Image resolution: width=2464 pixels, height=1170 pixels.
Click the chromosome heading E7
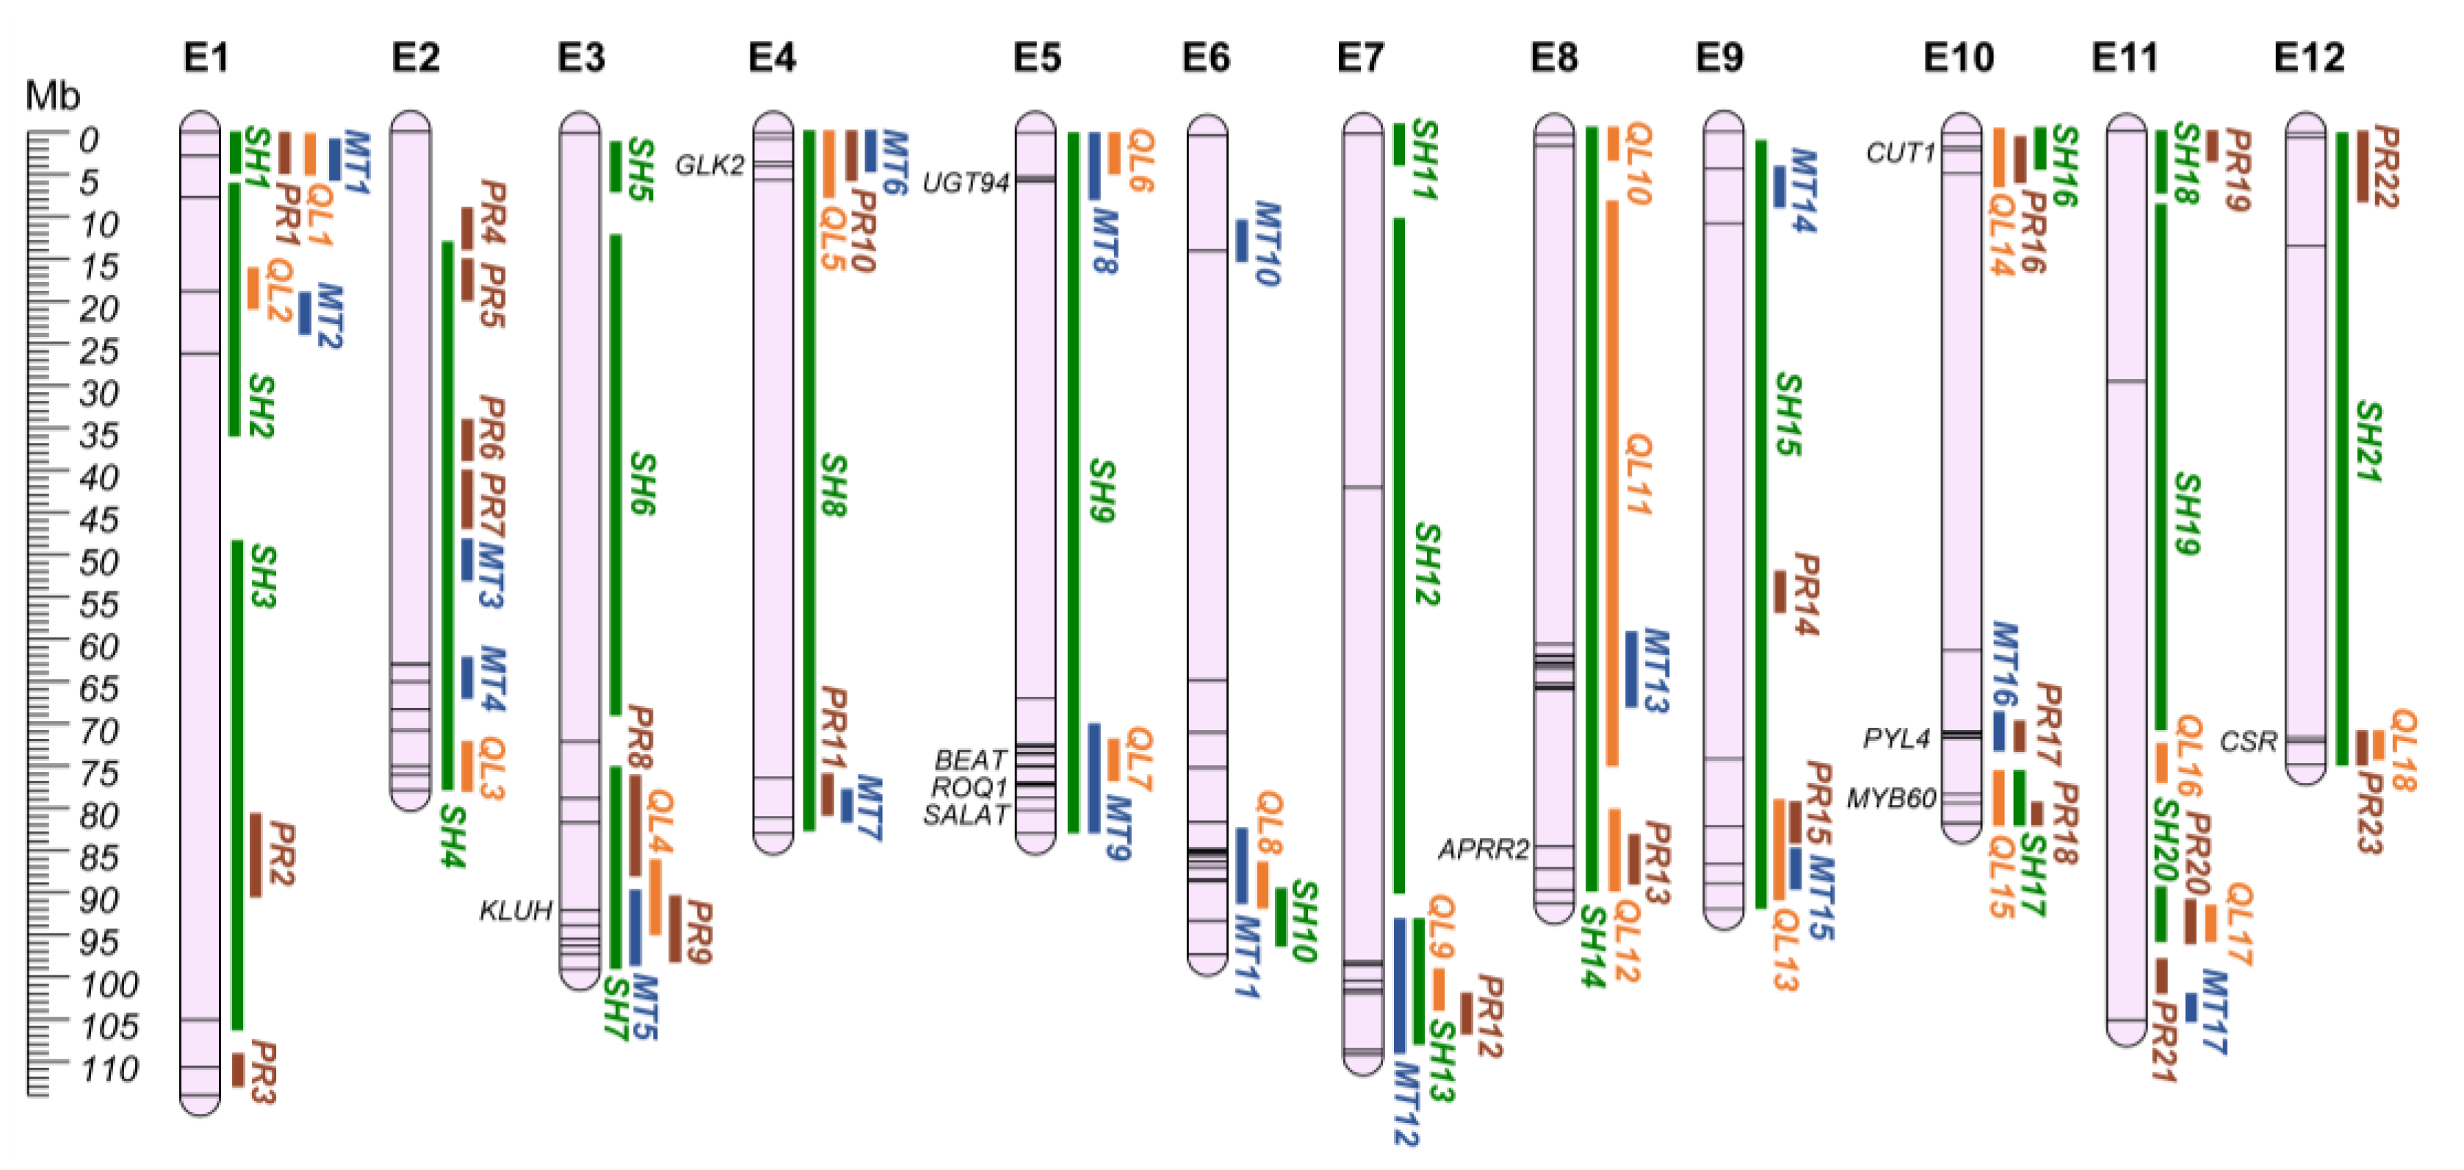coord(1360,57)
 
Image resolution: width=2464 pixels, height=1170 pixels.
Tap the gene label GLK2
coord(709,165)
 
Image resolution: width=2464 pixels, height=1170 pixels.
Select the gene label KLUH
coord(516,910)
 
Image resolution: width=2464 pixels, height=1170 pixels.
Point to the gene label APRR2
coord(1484,848)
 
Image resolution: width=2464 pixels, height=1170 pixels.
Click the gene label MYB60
coord(1891,798)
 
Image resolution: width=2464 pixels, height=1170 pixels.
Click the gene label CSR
coord(2249,741)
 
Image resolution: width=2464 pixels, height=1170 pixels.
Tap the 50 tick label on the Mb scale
coord(98,562)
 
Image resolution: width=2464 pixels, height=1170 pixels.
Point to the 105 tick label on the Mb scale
coord(109,1027)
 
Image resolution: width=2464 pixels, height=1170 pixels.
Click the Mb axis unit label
coord(53,95)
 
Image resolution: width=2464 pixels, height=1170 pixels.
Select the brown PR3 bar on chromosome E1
coord(238,1069)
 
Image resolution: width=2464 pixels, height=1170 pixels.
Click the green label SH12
coord(1426,563)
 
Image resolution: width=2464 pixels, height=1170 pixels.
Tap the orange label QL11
coord(1639,474)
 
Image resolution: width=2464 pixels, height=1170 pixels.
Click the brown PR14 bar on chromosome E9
coord(1780,591)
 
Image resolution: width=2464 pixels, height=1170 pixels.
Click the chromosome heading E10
coord(1959,57)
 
